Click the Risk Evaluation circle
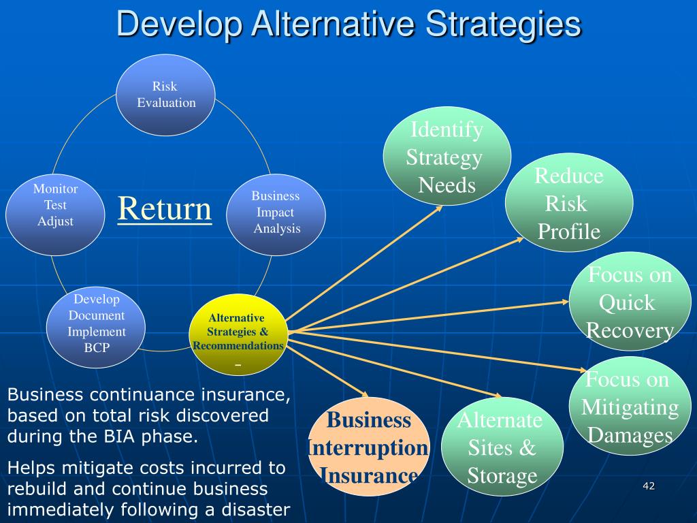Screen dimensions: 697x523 (165, 95)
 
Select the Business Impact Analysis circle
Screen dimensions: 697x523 (276, 212)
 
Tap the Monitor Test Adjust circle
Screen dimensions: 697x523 (55, 206)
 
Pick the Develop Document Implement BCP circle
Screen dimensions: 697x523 (96, 323)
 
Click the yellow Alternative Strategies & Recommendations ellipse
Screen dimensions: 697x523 (238, 334)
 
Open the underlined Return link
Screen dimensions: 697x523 (165, 208)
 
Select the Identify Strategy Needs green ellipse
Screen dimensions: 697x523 (447, 157)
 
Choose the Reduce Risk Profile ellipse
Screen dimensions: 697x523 (569, 204)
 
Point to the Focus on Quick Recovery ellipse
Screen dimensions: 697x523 (630, 302)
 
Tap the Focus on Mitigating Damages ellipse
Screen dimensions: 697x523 (629, 407)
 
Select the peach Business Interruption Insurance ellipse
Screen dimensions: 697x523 (368, 447)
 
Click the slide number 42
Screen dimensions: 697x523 (648, 486)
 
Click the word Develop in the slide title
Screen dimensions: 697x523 (179, 25)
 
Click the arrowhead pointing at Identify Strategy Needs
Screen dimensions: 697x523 (440, 208)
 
